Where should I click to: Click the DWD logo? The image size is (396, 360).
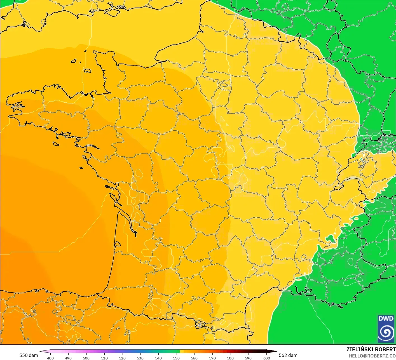tap(386, 329)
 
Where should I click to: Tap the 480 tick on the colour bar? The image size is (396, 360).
tap(50, 358)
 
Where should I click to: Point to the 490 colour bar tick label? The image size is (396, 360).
tap(68, 358)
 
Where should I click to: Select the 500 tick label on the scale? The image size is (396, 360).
tap(86, 358)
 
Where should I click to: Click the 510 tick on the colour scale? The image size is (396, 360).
tap(104, 358)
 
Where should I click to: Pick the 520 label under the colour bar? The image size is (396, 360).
tap(122, 358)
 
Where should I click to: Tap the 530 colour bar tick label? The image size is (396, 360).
tap(140, 358)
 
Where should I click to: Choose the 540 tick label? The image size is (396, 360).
tap(158, 358)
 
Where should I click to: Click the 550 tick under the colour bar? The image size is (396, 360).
tap(176, 358)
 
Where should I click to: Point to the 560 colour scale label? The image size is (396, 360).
tap(194, 358)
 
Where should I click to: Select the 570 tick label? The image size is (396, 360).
tap(212, 358)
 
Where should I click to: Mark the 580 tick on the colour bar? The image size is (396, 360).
tap(230, 358)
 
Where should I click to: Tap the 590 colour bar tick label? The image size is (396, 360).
tap(248, 358)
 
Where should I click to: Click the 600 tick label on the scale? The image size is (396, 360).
tap(267, 358)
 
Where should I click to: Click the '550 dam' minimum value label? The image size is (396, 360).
tap(29, 355)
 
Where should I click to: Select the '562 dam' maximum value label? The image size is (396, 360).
tap(288, 355)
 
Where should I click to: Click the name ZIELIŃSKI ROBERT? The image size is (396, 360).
tap(371, 349)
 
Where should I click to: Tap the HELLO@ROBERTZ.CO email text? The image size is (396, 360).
tap(372, 356)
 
